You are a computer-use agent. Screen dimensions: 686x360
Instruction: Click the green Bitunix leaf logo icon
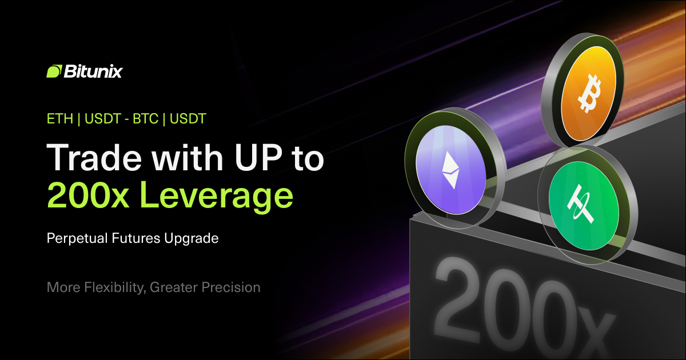(54, 71)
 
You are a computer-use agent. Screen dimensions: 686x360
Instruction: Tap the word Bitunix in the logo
(93, 71)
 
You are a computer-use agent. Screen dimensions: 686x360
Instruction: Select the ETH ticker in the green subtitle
(60, 119)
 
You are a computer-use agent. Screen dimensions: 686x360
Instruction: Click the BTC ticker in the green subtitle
(145, 119)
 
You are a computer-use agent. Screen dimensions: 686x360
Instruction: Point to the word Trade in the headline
(94, 157)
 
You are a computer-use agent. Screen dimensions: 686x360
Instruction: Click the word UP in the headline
(259, 157)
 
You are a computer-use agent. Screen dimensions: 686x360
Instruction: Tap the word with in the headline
(188, 157)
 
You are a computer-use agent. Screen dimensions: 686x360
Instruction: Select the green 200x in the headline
(88, 195)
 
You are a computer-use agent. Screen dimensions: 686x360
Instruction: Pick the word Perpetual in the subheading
(77, 238)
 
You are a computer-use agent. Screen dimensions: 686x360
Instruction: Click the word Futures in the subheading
(136, 238)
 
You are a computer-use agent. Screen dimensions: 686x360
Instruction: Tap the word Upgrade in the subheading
(192, 239)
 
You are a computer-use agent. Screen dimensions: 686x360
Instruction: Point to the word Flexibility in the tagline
(115, 288)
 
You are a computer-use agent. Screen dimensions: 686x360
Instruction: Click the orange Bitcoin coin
(589, 93)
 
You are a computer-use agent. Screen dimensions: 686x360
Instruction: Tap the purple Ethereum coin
(451, 169)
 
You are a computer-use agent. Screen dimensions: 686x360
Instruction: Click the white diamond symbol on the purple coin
(451, 170)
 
